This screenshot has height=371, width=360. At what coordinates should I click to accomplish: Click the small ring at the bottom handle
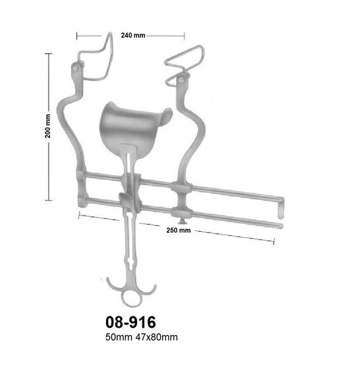tap(130, 297)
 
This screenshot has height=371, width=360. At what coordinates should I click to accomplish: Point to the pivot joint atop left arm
tap(76, 68)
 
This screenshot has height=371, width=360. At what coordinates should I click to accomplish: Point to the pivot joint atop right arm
tap(182, 80)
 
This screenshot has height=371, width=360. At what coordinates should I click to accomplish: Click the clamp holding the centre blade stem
tap(128, 199)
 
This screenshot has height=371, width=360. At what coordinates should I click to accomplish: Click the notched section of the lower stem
tap(130, 260)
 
